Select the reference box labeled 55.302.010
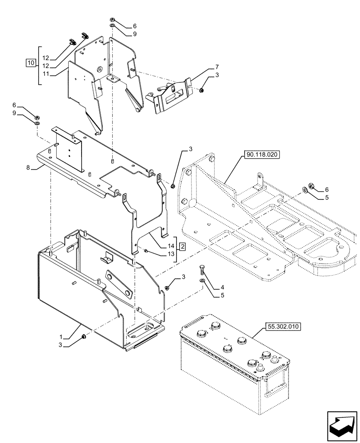(284, 327)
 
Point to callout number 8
(28, 168)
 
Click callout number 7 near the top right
(217, 67)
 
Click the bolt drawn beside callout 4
(202, 271)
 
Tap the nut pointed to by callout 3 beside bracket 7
(202, 90)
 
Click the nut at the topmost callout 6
(113, 21)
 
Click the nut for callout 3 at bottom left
(84, 338)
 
